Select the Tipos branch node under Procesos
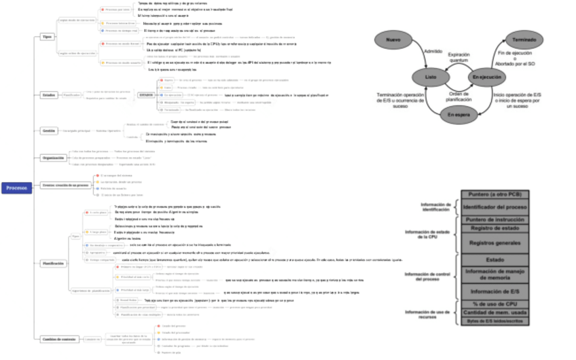pos(47,36)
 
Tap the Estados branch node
pos(48,95)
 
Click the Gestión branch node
pos(48,130)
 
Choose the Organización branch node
pos(53,158)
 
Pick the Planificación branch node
pos(54,262)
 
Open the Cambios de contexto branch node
pos(59,338)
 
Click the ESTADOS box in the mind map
pos(146,95)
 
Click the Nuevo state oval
pos(393,41)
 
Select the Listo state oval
pos(431,77)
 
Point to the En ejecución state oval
pos(487,77)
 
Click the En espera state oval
pos(458,115)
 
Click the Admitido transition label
pos(433,52)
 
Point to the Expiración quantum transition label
pos(458,58)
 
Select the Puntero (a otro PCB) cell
pos(494,195)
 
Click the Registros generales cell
pos(494,242)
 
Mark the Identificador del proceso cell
pos(494,206)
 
